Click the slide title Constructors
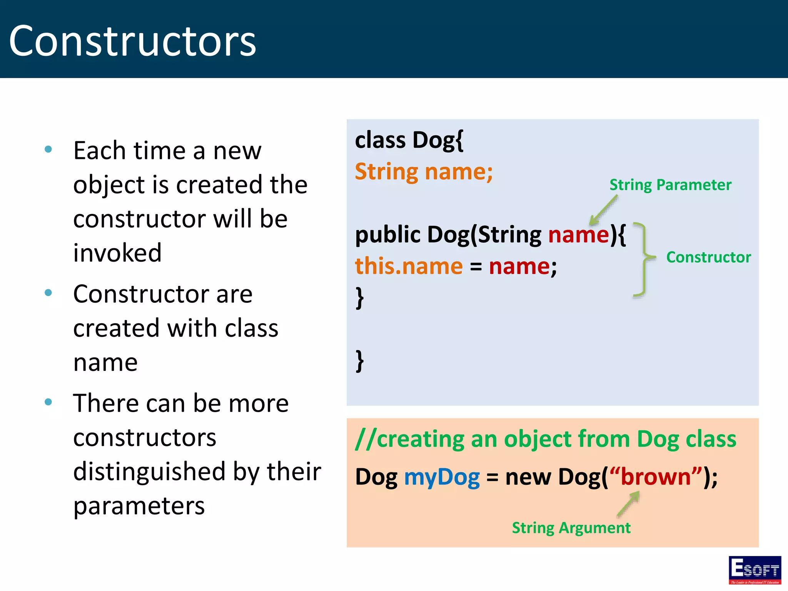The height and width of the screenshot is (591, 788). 132,41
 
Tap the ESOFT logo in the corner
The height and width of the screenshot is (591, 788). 755,569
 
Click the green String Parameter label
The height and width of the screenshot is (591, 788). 670,185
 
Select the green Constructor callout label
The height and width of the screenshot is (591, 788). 708,257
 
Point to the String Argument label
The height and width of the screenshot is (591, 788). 571,528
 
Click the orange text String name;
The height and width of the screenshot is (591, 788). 424,172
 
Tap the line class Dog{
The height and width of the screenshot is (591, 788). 409,140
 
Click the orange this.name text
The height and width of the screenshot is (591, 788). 409,266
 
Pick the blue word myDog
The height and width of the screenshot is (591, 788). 442,477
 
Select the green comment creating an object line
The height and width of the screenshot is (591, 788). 545,439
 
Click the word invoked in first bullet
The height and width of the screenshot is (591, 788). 117,253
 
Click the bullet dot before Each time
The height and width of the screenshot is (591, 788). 48,149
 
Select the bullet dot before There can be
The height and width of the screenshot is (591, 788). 48,402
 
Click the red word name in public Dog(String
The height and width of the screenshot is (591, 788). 579,235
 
